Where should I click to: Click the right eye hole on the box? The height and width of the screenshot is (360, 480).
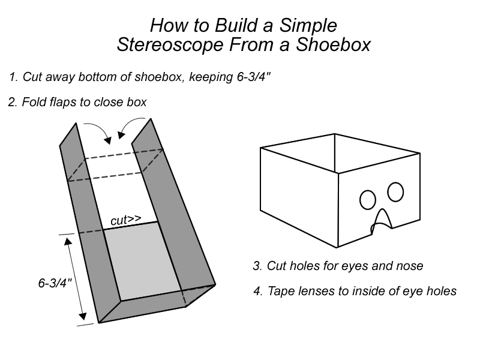(395, 192)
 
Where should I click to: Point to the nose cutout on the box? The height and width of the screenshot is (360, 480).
(382, 220)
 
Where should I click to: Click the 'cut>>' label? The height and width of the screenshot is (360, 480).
(125, 220)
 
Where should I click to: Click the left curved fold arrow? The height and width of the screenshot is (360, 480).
(97, 132)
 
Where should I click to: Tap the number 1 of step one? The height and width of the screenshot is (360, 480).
(13, 77)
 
